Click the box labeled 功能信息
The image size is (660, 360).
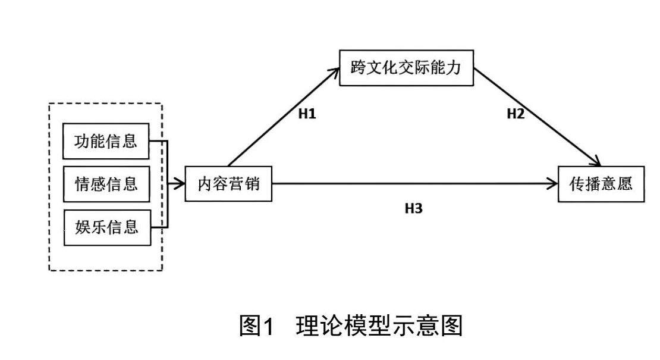pyautogui.click(x=106, y=142)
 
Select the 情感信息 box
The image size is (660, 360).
pyautogui.click(x=106, y=184)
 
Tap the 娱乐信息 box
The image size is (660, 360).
pyautogui.click(x=106, y=227)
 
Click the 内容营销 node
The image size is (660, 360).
pyautogui.click(x=228, y=184)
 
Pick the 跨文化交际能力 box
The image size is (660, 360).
pyautogui.click(x=406, y=68)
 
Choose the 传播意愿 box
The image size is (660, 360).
pyautogui.click(x=601, y=184)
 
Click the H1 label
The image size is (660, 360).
pyautogui.click(x=307, y=114)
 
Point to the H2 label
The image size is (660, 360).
pyautogui.click(x=516, y=114)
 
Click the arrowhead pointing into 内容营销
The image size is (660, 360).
pyautogui.click(x=180, y=184)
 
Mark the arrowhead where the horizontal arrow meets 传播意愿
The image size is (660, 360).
pyautogui.click(x=552, y=184)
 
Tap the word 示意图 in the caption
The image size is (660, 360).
pyautogui.click(x=434, y=326)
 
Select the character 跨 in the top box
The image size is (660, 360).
pyautogui.click(x=359, y=68)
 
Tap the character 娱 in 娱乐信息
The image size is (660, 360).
pyautogui.click(x=83, y=227)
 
